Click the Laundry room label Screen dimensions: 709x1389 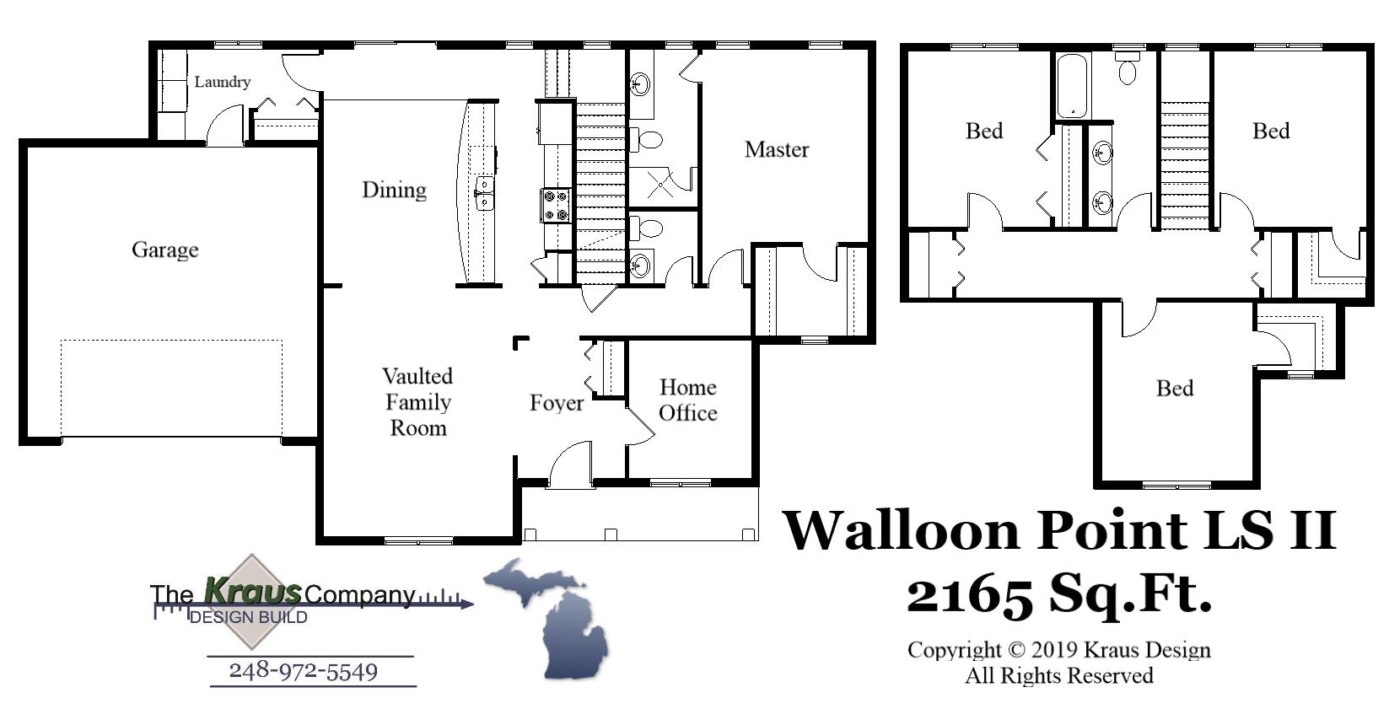[x=222, y=82]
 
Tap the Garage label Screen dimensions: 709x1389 [x=164, y=250]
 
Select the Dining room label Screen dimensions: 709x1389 [x=394, y=190]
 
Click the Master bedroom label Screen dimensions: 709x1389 [x=776, y=149]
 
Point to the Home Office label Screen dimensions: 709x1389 [x=687, y=400]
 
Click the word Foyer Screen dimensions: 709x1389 [x=556, y=403]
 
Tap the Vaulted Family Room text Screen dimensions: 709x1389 [x=417, y=401]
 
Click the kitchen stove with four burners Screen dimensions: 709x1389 [x=556, y=205]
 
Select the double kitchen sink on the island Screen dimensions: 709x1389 [x=484, y=193]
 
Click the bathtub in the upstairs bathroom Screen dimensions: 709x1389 [x=1073, y=86]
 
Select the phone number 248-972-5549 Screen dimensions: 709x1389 [x=304, y=671]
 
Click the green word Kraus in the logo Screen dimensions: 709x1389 [x=252, y=591]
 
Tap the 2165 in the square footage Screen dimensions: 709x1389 [x=969, y=594]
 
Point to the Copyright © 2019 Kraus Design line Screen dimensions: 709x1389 [x=1058, y=650]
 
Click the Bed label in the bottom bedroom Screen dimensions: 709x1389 [x=1174, y=388]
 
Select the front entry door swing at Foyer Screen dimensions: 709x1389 [x=569, y=465]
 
